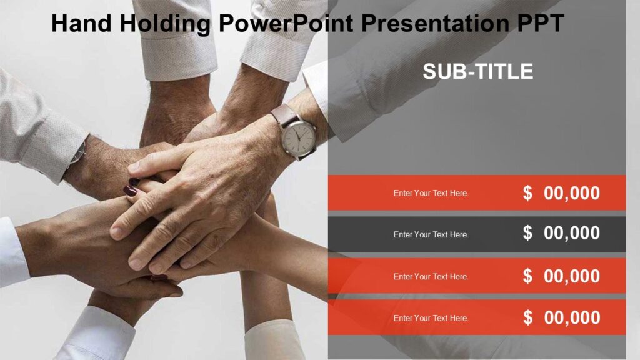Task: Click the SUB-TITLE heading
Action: (478, 71)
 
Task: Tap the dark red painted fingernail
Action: (132, 189)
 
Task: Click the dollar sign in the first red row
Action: (528, 193)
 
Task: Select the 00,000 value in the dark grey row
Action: (572, 233)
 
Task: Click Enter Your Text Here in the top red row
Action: (431, 193)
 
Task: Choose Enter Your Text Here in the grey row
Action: (431, 234)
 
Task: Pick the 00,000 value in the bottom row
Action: (572, 317)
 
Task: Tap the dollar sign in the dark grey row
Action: (528, 233)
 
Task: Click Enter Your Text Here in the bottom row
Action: (431, 318)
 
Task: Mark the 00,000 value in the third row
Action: (572, 276)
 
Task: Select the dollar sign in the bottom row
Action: (528, 317)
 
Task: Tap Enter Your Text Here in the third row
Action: (431, 276)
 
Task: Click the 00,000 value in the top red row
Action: (572, 193)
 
